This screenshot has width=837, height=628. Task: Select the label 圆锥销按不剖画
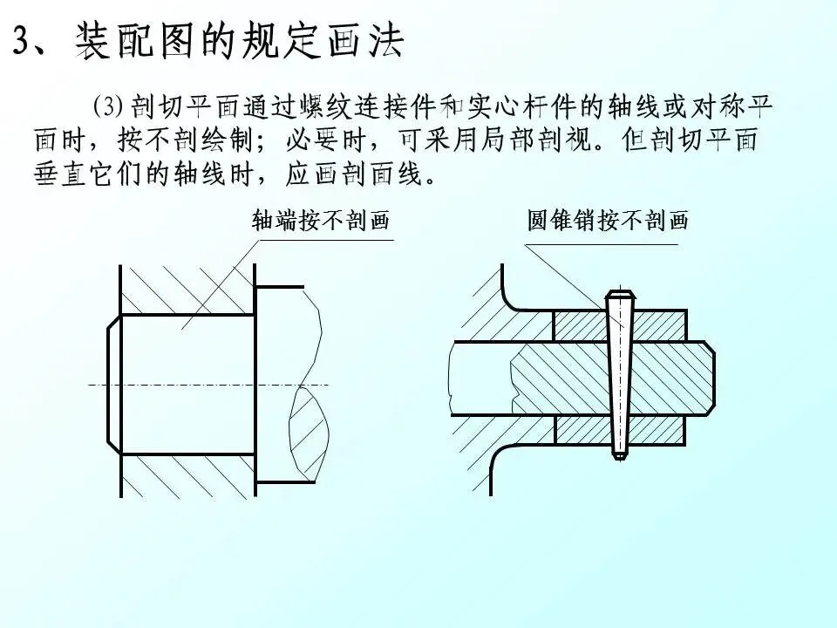[607, 220]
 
